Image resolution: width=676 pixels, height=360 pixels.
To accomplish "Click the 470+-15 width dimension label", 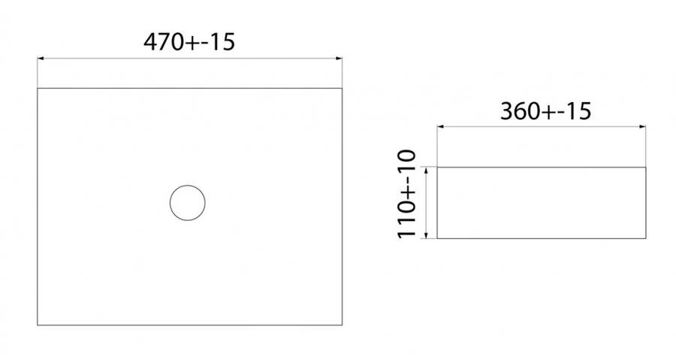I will coord(189,42).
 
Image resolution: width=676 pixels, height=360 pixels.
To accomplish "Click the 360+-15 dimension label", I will coord(546,111).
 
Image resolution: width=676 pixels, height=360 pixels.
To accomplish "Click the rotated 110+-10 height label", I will coord(406,194).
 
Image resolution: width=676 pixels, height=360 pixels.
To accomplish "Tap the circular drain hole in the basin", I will coord(188,202).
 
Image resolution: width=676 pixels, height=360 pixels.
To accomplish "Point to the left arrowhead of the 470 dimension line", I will coord(41,58).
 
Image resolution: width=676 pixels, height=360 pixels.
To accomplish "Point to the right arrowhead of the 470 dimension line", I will coord(340,58).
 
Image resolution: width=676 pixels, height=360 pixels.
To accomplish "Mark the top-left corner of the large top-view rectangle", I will coord(38,88).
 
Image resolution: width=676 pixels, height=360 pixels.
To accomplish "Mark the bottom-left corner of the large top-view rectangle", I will coord(38,325).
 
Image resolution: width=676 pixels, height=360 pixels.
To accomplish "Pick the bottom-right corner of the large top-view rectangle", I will coord(343,325).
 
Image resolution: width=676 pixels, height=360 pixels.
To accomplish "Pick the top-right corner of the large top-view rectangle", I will coord(343,88).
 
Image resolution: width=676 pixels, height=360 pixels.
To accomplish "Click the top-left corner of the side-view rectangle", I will coord(437,167).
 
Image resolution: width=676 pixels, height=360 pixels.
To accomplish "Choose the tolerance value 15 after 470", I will coord(222,42).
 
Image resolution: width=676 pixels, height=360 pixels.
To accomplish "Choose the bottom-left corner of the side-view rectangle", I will coord(437,239).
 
